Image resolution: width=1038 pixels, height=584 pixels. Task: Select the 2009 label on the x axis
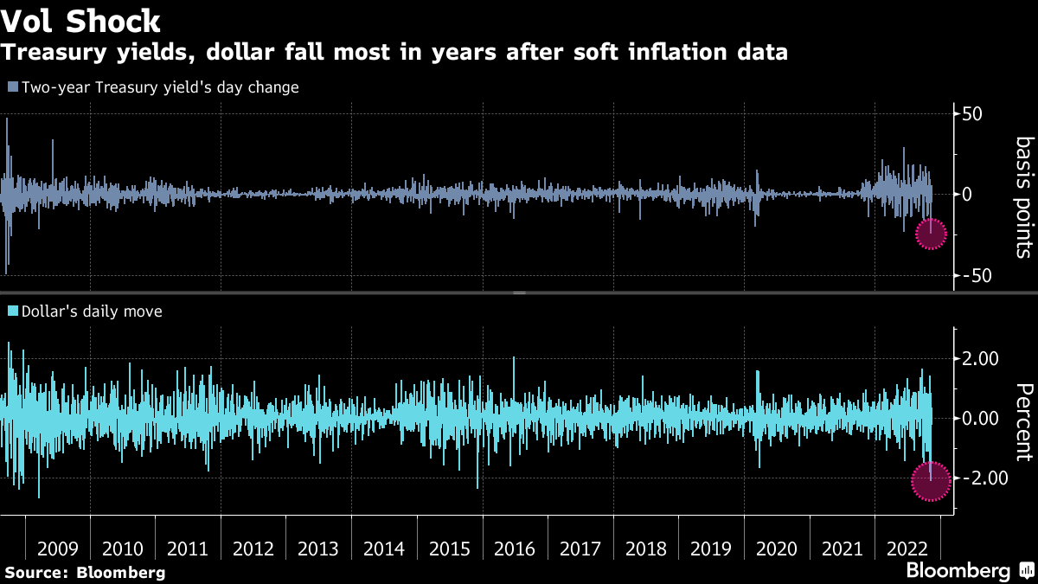pyautogui.click(x=58, y=549)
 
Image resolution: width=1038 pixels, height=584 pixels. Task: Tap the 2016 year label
pyautogui.click(x=515, y=549)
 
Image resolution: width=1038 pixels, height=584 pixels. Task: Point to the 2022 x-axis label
pyautogui.click(x=907, y=549)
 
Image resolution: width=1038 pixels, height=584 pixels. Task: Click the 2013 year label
pyautogui.click(x=318, y=549)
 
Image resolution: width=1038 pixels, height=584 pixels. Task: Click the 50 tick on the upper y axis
pyautogui.click(x=972, y=114)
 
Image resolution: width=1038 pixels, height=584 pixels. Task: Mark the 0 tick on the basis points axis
pyautogui.click(x=966, y=195)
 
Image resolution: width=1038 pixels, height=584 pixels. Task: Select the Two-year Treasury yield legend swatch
pyautogui.click(x=12, y=87)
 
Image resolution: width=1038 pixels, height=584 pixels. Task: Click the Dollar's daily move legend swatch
pyautogui.click(x=12, y=311)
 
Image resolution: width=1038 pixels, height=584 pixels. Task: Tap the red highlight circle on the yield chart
pyautogui.click(x=931, y=234)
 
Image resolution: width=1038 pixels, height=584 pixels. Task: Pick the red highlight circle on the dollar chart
pyautogui.click(x=931, y=482)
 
